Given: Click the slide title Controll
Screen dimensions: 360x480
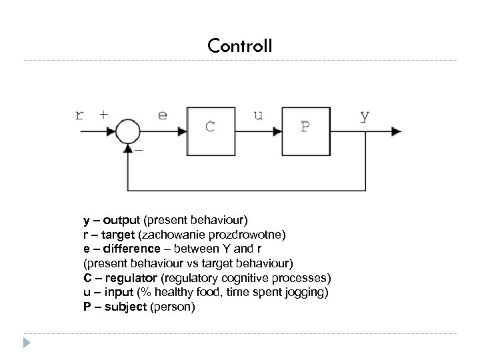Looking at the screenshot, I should tap(239, 45).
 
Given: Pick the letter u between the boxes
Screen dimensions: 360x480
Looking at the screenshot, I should tap(258, 115).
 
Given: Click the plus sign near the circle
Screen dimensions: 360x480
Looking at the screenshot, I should tap(104, 114).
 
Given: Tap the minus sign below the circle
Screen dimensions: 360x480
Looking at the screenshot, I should tap(139, 151).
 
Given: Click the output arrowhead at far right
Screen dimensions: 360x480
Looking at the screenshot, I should tap(396, 131).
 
